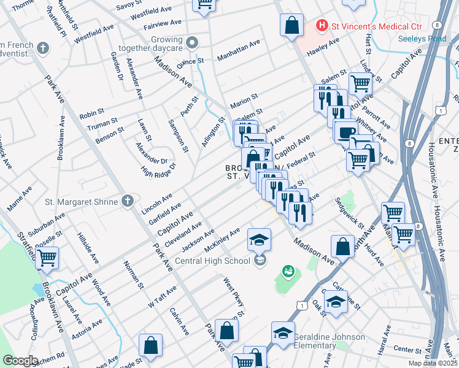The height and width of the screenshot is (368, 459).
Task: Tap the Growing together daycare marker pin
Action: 192,42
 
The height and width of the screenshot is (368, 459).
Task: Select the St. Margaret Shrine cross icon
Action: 128,201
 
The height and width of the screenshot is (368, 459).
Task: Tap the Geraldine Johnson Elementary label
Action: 329,342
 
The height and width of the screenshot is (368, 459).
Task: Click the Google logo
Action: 20,361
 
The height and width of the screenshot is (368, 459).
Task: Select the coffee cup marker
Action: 345,132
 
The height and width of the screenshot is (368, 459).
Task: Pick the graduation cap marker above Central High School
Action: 259,239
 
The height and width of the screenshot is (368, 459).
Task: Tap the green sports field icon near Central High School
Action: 288,270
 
